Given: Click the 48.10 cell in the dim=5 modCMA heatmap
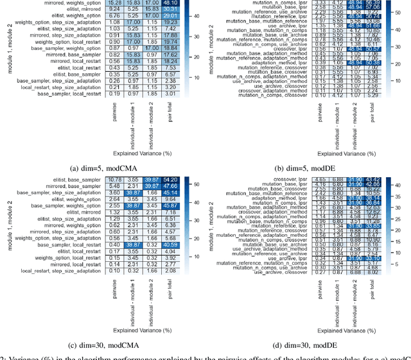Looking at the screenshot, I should pyautogui.click(x=170, y=3).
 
